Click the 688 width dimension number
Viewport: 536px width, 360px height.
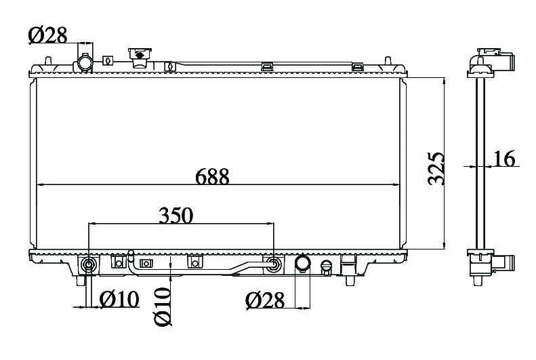(212, 177)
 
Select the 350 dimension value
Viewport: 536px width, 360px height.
(176, 216)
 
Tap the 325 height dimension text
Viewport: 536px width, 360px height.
(436, 168)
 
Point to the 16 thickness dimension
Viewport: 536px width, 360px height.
(504, 159)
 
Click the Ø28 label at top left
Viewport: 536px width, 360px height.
(48, 35)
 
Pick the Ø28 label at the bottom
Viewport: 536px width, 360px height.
(265, 300)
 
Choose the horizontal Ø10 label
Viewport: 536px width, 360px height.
(119, 299)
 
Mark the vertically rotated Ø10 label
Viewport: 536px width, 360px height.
(163, 306)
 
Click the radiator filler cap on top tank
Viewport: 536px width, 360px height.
(140, 58)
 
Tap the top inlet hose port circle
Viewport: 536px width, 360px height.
(85, 62)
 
